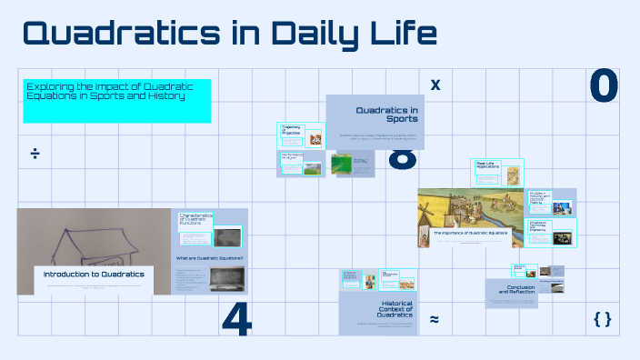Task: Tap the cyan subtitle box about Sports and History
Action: pos(116,100)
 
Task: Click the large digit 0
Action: pos(603,87)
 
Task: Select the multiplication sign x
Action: pos(435,85)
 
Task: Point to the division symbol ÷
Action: pos(35,153)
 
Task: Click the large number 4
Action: pos(236,318)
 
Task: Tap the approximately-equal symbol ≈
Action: pos(434,319)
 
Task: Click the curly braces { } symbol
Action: pos(601,318)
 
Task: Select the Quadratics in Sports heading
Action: pos(386,114)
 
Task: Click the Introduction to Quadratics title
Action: pos(95,274)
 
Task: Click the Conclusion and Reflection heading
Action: pos(515,290)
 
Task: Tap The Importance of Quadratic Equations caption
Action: pos(470,233)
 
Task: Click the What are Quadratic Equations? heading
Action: pos(209,258)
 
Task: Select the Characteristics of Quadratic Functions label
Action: pos(196,218)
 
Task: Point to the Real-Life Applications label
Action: pos(490,165)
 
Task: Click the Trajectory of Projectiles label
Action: pos(292,130)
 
